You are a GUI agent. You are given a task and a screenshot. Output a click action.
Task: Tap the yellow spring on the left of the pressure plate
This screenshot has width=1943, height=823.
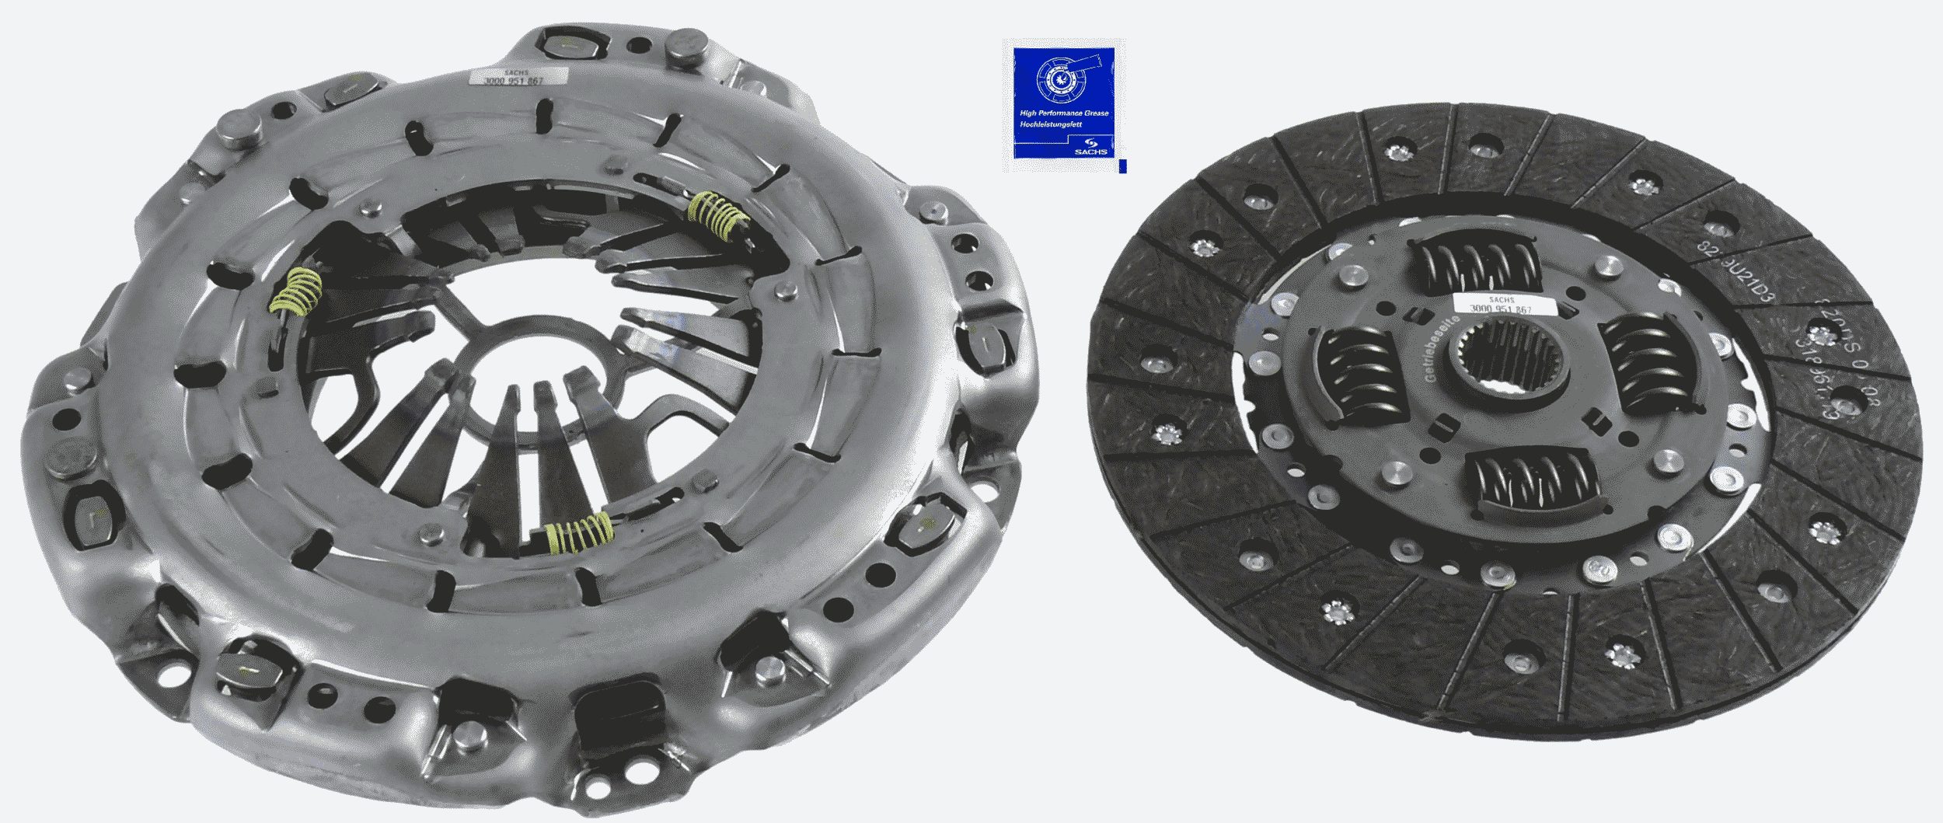(296, 291)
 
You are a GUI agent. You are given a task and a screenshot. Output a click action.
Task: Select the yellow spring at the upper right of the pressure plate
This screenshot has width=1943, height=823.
(719, 215)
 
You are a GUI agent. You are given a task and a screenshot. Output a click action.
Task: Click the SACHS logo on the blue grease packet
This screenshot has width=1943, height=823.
(1090, 147)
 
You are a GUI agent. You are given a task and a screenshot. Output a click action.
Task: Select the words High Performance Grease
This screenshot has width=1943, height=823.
(1063, 113)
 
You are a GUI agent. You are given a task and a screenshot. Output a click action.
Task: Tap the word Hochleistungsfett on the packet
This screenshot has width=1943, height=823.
(1051, 124)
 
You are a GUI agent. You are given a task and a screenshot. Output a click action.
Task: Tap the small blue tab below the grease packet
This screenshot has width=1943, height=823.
(1122, 166)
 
